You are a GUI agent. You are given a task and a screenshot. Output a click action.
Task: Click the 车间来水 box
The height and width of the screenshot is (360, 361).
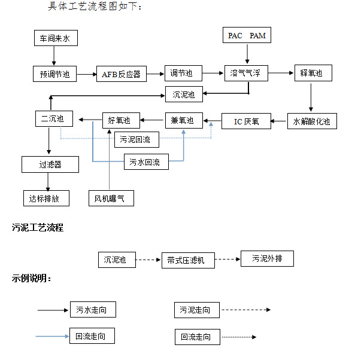point(54,39)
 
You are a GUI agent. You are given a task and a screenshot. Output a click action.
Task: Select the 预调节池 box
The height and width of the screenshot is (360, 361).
point(54,74)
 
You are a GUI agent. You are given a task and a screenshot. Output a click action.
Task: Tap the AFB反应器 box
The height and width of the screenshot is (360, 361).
point(121,74)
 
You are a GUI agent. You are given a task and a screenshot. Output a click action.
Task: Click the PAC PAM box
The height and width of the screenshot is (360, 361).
point(246,36)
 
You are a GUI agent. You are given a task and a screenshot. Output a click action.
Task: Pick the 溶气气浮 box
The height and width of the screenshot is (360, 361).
point(245,74)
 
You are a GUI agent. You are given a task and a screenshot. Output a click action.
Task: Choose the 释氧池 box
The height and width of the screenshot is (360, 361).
point(311,74)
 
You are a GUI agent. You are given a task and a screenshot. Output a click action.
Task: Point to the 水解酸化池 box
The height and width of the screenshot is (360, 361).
point(311,121)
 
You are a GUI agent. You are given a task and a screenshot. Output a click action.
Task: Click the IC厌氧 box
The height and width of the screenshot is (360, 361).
point(246,121)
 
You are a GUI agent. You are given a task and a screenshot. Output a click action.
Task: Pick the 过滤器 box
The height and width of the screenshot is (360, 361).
point(50,164)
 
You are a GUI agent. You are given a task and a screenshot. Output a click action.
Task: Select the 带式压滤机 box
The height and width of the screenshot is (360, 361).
point(187,260)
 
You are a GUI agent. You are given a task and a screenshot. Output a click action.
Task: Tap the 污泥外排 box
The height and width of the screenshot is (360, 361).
point(267,259)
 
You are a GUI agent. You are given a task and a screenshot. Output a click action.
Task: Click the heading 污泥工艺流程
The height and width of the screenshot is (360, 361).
point(38,228)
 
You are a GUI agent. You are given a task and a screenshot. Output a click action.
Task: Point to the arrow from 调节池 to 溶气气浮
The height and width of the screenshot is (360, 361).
point(213,74)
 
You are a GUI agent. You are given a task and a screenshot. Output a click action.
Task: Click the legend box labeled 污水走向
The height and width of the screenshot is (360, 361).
point(92,310)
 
